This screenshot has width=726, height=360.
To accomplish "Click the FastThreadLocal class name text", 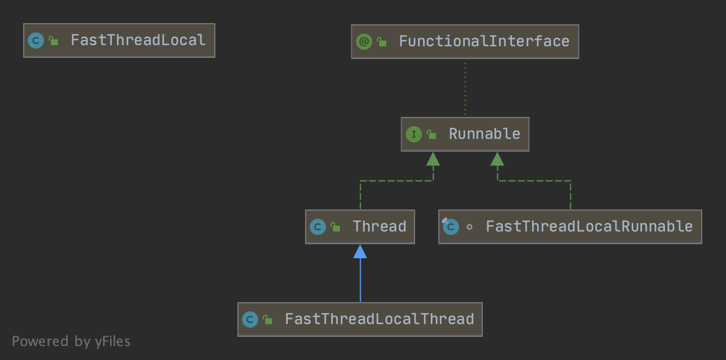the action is (x=138, y=41).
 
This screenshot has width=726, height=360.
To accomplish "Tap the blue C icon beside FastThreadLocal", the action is (x=36, y=41).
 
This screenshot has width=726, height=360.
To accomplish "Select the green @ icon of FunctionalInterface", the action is (x=364, y=42).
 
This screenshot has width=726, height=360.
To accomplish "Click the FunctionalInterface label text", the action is (x=484, y=42).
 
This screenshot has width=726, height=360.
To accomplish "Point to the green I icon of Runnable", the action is (x=414, y=134).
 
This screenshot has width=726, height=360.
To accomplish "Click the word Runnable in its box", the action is (x=485, y=134).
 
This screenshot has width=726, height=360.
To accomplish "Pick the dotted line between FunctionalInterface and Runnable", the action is (x=465, y=89).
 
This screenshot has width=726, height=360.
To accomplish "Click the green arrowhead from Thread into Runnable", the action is (x=433, y=159).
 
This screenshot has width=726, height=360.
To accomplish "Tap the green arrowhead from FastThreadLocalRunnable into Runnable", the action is (x=497, y=159).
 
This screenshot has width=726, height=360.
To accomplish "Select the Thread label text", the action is (x=380, y=226).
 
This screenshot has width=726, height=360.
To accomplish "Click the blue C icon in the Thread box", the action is (x=318, y=227).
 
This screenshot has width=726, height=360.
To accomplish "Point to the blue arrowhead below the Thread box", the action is (x=360, y=252).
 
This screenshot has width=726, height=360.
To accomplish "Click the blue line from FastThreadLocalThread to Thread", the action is (x=360, y=280).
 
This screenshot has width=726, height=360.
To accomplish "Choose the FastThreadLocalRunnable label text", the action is (x=589, y=226).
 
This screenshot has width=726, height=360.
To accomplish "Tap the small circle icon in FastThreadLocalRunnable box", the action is (x=470, y=227).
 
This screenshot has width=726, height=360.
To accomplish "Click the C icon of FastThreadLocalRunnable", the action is (x=451, y=226).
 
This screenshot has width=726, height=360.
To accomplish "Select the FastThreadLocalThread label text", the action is (x=380, y=319).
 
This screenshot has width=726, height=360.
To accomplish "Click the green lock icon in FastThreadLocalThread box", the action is (x=267, y=320).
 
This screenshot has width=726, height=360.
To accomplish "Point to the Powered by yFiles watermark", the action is (x=71, y=341).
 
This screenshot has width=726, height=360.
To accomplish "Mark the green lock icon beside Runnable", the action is (x=431, y=134).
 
